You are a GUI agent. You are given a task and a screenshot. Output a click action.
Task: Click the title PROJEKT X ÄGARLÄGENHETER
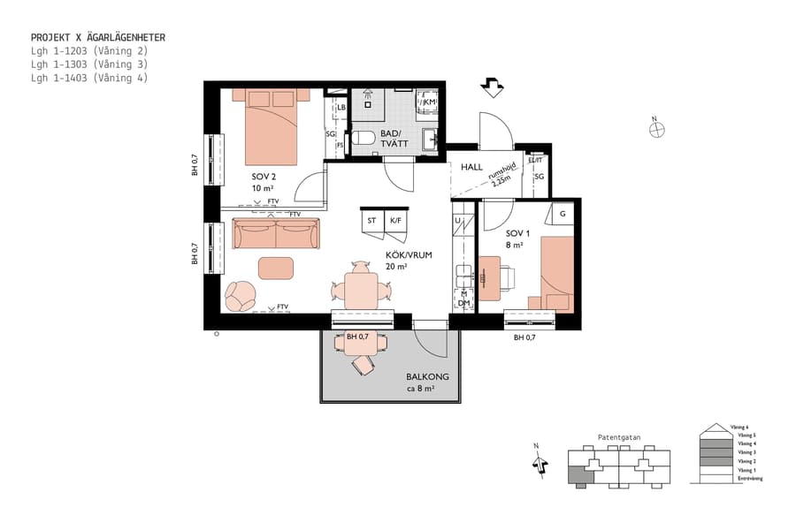(98, 38)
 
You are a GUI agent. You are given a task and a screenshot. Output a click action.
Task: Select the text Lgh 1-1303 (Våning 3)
(88, 64)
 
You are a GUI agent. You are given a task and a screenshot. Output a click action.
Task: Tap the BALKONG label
(427, 377)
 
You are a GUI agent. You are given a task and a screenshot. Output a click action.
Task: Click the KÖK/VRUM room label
(409, 254)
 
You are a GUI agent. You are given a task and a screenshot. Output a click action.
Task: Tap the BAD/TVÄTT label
(392, 139)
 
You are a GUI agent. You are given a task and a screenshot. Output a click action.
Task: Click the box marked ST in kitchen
(371, 220)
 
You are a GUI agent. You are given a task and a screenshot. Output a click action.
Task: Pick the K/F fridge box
(395, 220)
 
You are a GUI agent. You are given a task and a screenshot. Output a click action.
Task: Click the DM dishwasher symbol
(463, 302)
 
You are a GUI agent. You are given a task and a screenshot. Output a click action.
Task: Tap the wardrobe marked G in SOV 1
(562, 213)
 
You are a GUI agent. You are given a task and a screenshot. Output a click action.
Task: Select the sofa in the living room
(276, 234)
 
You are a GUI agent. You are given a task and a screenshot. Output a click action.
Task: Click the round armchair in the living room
(240, 295)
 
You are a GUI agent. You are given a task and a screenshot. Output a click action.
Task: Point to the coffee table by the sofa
(276, 267)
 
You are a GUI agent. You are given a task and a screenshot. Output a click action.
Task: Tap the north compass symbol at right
(656, 129)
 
